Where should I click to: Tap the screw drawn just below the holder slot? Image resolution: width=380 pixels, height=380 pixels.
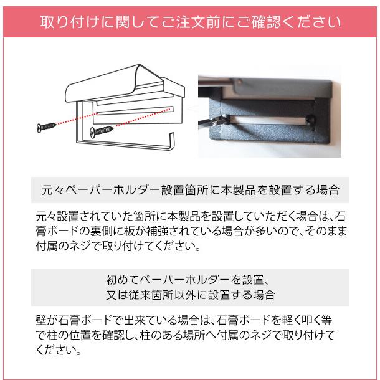[101, 131]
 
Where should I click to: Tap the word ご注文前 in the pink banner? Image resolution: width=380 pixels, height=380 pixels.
[189, 22]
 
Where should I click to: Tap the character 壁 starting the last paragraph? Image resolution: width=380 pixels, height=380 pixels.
[42, 321]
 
